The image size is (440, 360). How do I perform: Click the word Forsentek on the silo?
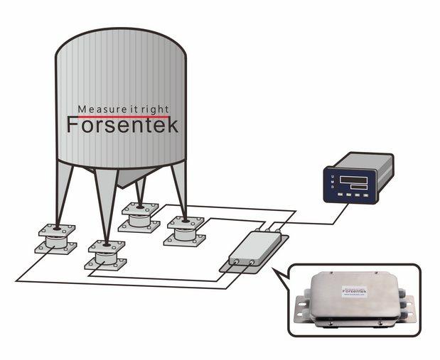pyautogui.click(x=122, y=125)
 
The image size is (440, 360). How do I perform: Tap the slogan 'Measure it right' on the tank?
pyautogui.click(x=122, y=109)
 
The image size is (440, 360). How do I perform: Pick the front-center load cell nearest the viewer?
pyautogui.click(x=104, y=255)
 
